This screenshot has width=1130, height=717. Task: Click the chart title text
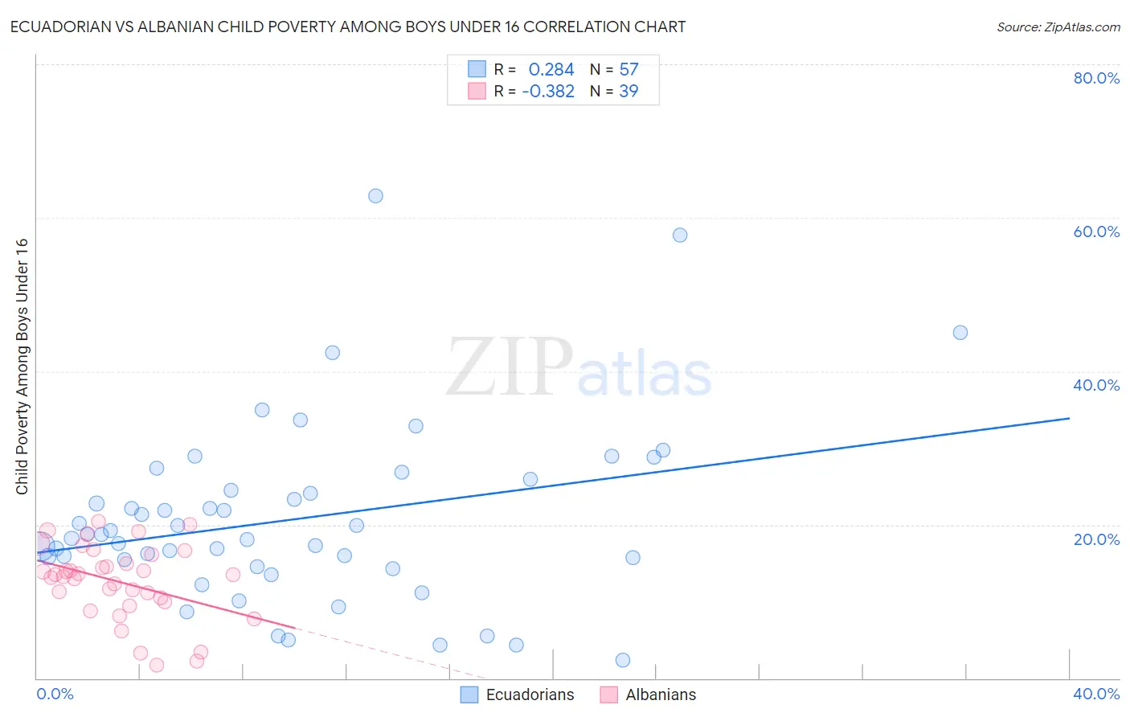pos(347,27)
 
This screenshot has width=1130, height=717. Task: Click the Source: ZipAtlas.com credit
pos(1058,27)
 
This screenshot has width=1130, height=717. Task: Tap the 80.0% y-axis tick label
pos(1096,78)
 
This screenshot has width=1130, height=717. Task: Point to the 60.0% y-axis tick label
pos(1096,231)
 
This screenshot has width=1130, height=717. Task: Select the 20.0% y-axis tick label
pos(1096,539)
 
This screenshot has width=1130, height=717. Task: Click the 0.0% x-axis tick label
pos(55,694)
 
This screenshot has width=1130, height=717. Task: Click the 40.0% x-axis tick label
pos(1096,694)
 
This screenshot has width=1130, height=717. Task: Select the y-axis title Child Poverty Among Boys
pos(23,367)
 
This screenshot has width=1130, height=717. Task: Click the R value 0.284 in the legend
pos(551,70)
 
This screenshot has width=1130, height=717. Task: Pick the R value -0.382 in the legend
pos(548,92)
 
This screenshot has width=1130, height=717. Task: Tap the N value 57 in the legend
pos(628,70)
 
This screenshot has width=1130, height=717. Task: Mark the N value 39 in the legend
pos(628,92)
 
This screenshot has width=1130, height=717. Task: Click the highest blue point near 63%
pos(375,196)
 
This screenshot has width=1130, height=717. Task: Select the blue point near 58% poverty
pos(680,236)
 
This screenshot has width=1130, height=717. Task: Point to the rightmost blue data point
pos(960,333)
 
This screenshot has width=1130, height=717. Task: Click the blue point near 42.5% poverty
pos(332,353)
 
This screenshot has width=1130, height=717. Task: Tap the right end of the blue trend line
pos(1068,418)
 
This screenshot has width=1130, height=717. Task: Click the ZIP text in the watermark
pos(510,367)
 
